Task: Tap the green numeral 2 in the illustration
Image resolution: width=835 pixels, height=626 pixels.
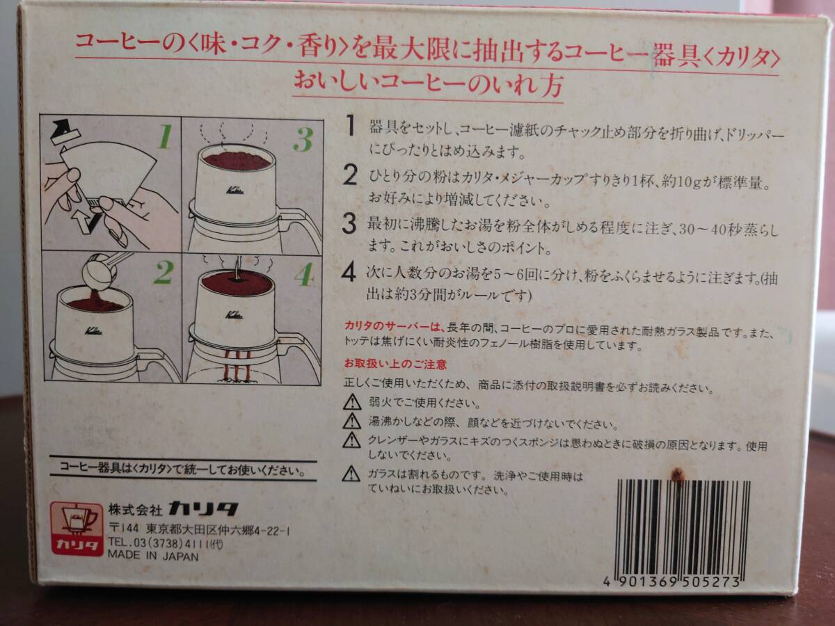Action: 164,273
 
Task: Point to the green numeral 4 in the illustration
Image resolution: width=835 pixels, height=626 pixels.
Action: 304,274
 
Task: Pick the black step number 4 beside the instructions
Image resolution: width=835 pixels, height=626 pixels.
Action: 349,273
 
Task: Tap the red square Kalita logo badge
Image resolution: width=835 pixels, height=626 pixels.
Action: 77,529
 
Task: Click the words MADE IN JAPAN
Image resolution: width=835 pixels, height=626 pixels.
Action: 153,556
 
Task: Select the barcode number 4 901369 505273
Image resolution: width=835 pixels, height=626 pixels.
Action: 671,582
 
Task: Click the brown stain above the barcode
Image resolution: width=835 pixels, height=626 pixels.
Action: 677,474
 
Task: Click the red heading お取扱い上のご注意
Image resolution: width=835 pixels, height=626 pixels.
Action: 395,364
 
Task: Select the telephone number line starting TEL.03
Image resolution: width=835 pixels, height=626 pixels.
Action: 166,543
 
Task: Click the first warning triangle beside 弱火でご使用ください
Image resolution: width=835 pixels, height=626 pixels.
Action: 352,402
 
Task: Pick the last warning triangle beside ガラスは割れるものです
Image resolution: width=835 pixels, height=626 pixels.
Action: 351,474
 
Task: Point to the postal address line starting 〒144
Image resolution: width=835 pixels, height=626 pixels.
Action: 199,529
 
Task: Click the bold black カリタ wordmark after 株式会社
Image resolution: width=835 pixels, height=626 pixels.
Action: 203,508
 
